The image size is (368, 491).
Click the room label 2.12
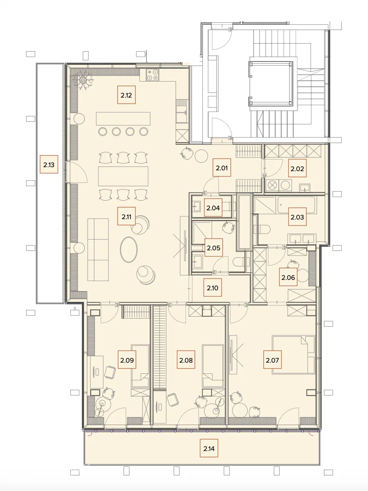[x=126, y=95]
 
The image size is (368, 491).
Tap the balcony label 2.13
[x=49, y=164]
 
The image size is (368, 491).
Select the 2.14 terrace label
[x=209, y=448]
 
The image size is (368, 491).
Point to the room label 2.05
[x=214, y=247]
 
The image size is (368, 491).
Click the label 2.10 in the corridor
[x=212, y=287]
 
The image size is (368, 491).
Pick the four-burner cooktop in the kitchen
[x=152, y=75]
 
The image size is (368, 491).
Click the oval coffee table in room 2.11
[x=129, y=249]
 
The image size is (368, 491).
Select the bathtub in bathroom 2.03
[x=296, y=205]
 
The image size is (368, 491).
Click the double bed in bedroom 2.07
[x=293, y=354]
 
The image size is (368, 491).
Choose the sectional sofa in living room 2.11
[x=98, y=249]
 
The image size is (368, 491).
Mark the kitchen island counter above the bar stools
[x=123, y=119]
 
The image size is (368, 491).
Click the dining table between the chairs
[x=123, y=176]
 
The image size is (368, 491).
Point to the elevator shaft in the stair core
[x=271, y=84]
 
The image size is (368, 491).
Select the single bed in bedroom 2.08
[x=213, y=366]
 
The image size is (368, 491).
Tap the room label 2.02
[x=297, y=168]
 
